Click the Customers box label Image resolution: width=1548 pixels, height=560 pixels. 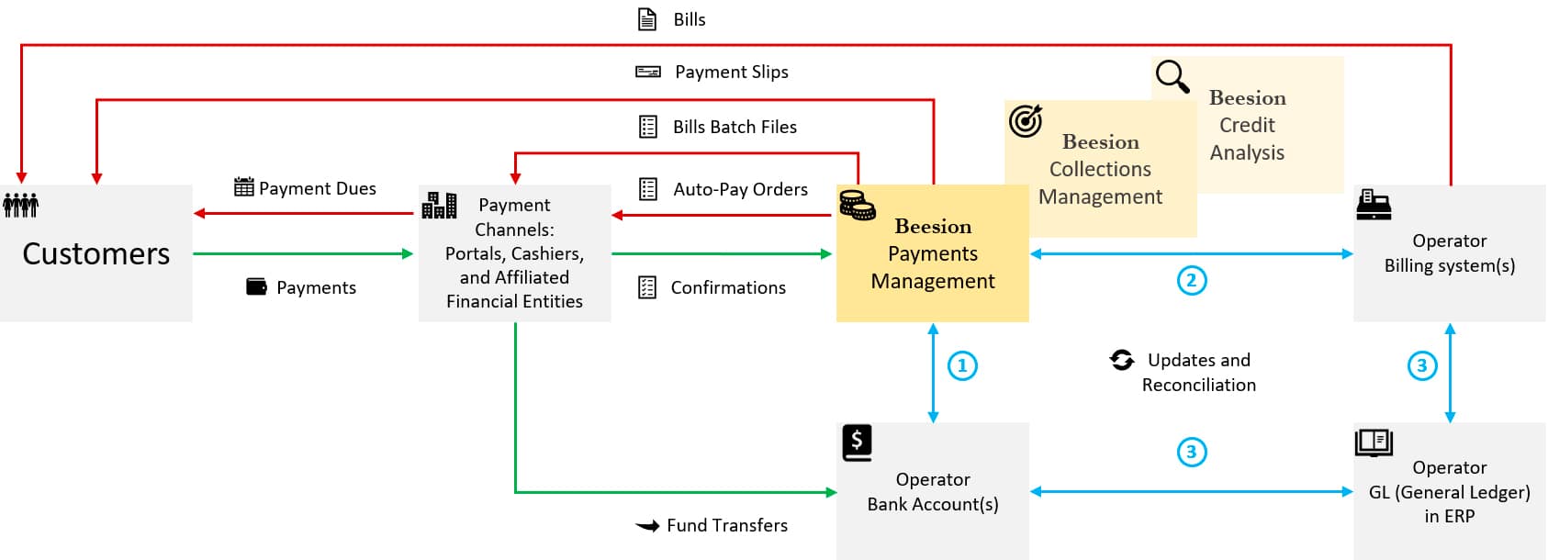96,253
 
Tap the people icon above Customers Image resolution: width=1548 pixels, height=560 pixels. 21,205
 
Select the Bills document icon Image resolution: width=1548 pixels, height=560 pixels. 647,19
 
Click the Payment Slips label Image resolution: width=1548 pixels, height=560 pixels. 731,72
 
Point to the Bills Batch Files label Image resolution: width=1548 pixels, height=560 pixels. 735,127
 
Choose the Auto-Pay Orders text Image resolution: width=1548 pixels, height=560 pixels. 740,189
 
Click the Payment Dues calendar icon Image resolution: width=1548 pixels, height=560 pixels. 243,187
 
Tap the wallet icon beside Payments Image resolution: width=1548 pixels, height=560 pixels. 256,286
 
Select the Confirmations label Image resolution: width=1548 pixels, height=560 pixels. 728,287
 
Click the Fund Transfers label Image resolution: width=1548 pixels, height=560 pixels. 726,525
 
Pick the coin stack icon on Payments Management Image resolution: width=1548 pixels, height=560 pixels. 858,205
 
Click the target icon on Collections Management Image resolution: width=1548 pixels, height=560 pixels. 1026,120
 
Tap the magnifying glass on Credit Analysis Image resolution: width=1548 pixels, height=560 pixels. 1172,76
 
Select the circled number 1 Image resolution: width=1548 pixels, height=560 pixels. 962,365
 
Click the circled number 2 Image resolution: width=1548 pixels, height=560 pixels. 1192,280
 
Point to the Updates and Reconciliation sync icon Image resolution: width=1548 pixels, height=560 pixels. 1122,360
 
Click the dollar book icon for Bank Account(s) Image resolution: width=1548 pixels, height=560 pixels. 857,442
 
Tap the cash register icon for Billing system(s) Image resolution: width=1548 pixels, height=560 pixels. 1374,205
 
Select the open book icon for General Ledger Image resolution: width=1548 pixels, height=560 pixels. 1374,442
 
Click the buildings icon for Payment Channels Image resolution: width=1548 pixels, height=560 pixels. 439,205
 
